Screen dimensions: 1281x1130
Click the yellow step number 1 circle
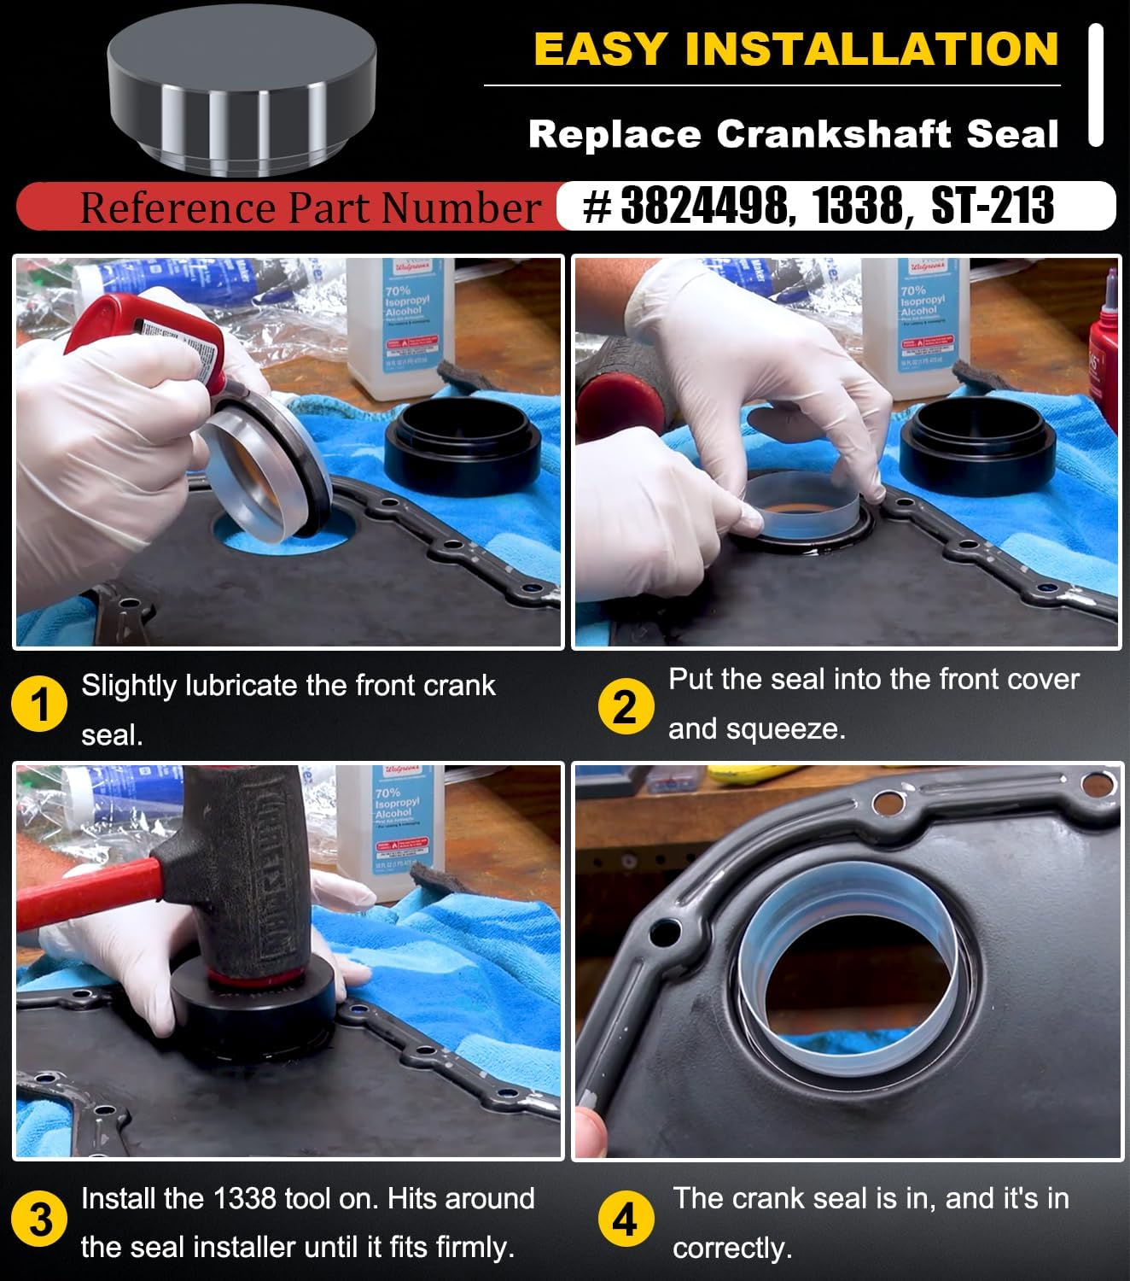39,706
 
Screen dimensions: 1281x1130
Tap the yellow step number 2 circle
625,707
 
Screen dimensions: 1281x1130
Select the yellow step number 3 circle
39,1220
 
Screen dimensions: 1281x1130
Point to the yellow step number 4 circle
625,1220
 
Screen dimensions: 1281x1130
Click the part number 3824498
704,206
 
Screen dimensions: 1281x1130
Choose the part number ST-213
992,206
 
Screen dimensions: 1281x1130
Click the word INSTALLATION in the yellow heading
871,49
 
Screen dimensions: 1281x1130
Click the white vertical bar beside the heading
1096,85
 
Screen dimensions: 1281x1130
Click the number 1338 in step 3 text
244,1199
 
